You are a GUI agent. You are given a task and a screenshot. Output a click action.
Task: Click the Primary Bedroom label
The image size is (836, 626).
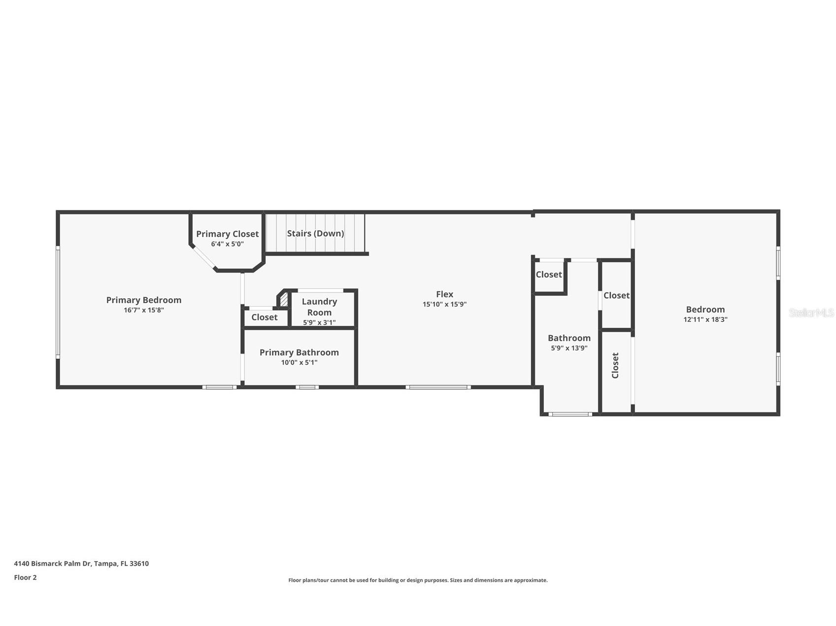coord(144,300)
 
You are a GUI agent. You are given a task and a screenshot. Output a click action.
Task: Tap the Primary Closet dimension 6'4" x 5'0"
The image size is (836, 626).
coord(227,244)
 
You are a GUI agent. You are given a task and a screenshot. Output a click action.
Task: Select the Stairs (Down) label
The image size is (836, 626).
coord(315,233)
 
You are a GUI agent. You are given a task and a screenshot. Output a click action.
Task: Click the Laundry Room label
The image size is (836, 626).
coord(319,307)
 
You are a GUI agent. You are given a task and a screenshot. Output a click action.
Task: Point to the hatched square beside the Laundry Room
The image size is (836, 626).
coord(284,299)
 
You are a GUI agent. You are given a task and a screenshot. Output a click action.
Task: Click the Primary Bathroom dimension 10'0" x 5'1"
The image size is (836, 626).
coord(299,363)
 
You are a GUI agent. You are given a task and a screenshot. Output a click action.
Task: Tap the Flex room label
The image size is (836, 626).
coord(444,294)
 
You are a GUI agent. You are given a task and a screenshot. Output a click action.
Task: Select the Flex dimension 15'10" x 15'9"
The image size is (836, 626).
coord(444,304)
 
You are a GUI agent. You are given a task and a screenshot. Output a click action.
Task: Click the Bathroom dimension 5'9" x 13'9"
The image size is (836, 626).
coord(569,348)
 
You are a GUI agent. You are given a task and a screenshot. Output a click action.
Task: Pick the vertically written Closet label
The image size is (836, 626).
coord(615,365)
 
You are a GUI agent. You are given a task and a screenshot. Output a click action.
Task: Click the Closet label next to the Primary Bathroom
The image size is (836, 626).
coord(265,317)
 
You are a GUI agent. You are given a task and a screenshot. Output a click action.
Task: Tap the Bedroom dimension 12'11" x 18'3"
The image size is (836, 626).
coord(705,319)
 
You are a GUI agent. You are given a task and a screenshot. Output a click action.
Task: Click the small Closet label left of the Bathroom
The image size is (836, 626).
coord(549,275)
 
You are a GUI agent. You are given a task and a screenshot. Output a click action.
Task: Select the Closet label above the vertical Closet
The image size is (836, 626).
coord(616,295)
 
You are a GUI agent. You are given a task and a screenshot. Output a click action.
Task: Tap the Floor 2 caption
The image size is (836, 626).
coord(25,577)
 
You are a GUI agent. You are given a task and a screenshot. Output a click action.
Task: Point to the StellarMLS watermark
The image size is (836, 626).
coord(811,313)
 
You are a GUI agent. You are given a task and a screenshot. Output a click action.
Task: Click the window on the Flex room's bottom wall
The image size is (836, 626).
coord(438,387)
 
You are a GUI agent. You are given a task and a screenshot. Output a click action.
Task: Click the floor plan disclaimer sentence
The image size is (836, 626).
coord(418,580)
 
